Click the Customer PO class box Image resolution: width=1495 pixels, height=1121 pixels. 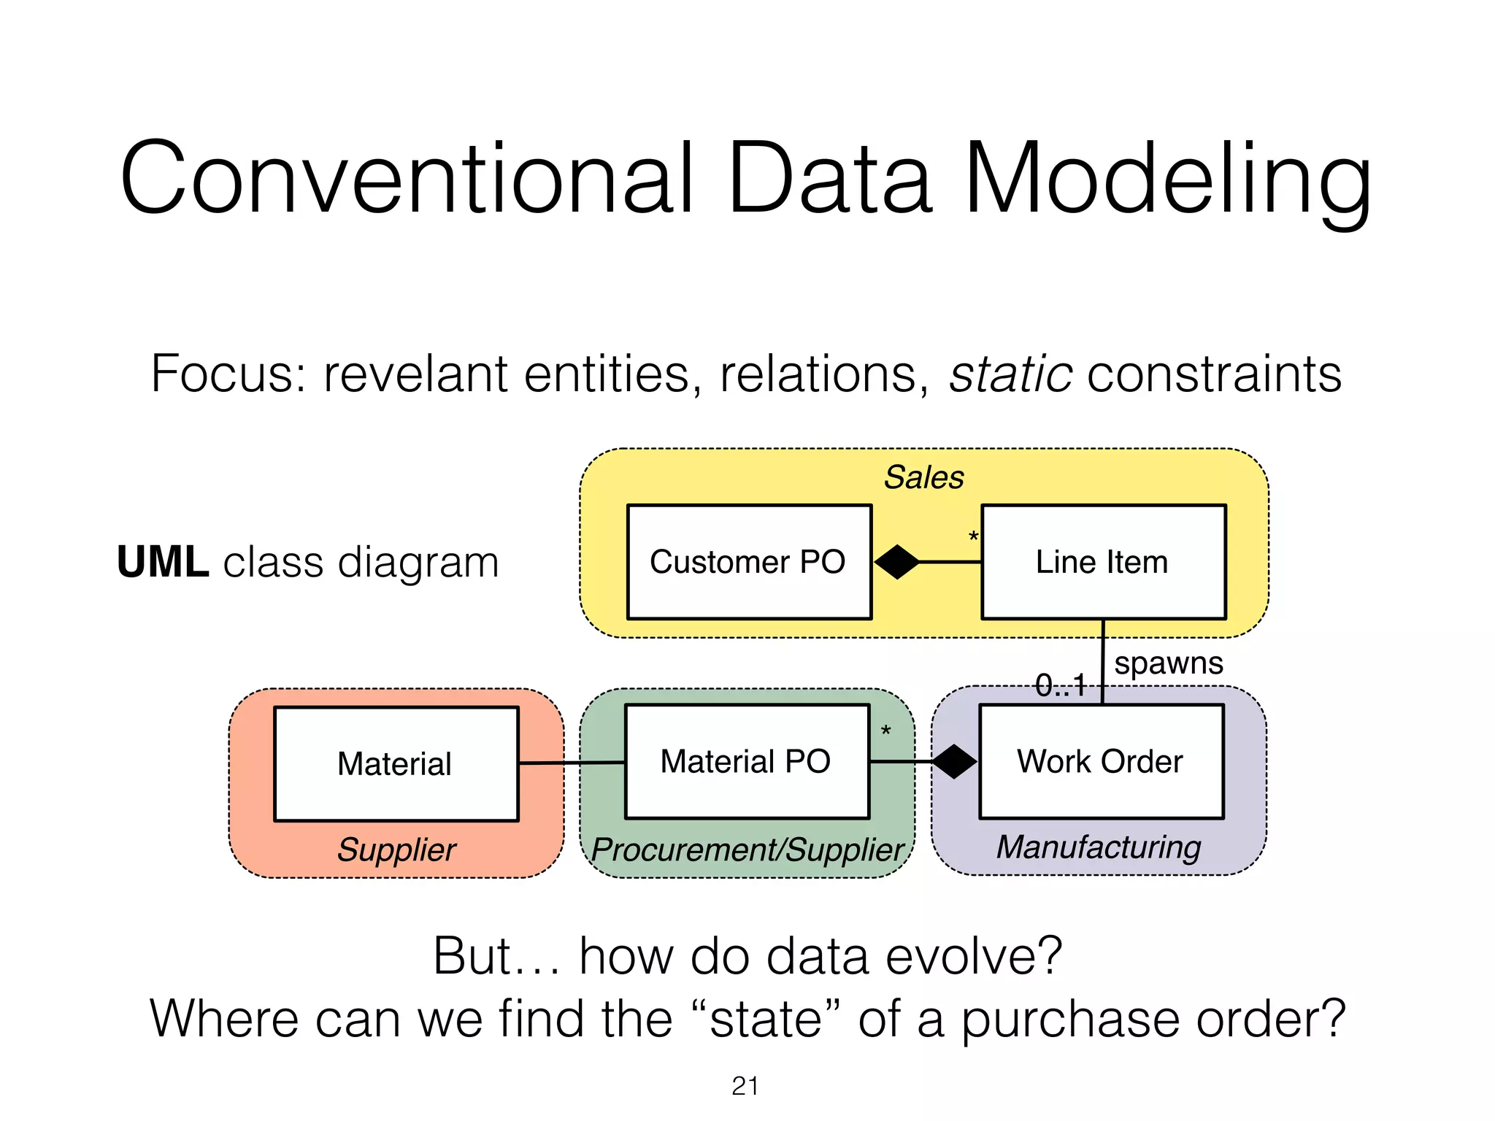(x=749, y=562)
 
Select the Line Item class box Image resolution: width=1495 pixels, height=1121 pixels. (x=1103, y=562)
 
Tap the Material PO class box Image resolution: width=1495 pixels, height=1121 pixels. (x=747, y=761)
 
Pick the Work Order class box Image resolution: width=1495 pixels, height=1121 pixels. (x=1101, y=761)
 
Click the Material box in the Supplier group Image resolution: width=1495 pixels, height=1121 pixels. (x=396, y=764)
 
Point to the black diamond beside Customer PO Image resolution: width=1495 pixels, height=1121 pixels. (x=896, y=562)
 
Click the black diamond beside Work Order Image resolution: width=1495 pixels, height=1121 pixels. (x=955, y=762)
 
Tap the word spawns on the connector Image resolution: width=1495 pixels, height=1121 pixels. (x=1168, y=663)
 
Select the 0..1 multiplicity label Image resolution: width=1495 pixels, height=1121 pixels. (x=1061, y=685)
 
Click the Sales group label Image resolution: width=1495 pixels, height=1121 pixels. (x=923, y=477)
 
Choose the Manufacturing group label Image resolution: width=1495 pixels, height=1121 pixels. (x=1099, y=847)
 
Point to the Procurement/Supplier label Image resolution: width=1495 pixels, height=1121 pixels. (x=747, y=850)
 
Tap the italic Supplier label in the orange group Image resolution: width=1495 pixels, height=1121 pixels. (x=396, y=850)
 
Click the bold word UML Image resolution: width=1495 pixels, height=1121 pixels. (x=163, y=563)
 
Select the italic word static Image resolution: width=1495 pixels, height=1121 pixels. (x=1010, y=374)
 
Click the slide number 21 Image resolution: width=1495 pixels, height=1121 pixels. (x=745, y=1086)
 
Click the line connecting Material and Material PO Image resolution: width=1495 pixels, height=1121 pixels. (x=572, y=763)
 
